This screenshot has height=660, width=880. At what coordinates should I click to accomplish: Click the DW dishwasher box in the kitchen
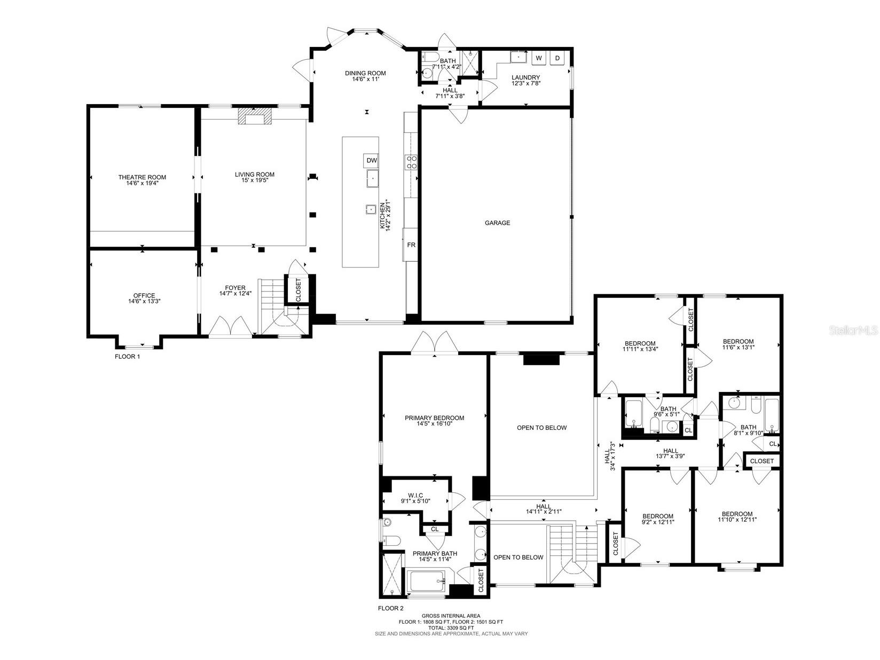[372, 160]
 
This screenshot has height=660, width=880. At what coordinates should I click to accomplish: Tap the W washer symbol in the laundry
[538, 58]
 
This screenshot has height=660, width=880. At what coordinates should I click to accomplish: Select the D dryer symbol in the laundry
[557, 58]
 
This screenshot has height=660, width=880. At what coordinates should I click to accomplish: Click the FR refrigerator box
[411, 245]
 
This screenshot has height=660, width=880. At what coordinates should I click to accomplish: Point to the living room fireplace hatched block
[254, 116]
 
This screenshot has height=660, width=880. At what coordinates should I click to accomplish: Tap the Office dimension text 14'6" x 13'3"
[144, 301]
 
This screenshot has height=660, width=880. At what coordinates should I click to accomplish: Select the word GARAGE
[497, 223]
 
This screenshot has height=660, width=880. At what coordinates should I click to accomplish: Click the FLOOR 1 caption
[127, 356]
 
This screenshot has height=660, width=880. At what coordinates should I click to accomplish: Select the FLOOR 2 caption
[390, 608]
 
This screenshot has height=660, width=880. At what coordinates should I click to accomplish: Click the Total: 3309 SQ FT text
[451, 628]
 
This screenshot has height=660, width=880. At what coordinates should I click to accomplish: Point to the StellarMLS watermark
[853, 331]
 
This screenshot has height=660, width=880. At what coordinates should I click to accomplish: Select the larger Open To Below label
[541, 428]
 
